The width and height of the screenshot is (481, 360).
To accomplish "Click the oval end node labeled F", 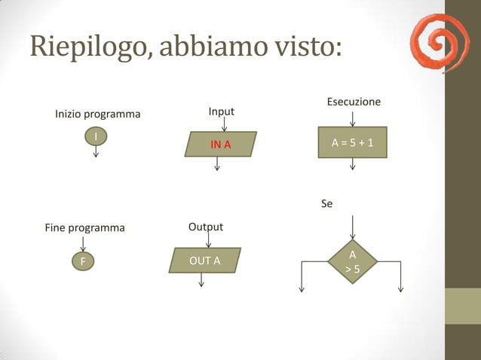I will pyautogui.click(x=83, y=261).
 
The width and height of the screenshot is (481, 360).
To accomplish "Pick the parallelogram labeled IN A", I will pyautogui.click(x=220, y=144).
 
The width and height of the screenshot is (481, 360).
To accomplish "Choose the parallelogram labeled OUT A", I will pyautogui.click(x=204, y=260).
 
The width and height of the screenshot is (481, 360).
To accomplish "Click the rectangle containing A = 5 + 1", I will pyautogui.click(x=352, y=145).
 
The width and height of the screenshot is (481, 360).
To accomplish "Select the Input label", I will pyautogui.click(x=221, y=111).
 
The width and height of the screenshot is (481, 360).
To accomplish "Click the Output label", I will pyautogui.click(x=205, y=227).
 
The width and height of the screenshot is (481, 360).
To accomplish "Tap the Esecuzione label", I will pyautogui.click(x=353, y=102).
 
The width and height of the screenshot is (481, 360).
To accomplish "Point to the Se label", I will pyautogui.click(x=326, y=203).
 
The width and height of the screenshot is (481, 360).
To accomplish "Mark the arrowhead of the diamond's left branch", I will pyautogui.click(x=302, y=288).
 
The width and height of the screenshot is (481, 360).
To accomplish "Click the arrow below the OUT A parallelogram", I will pyautogui.click(x=201, y=279).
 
